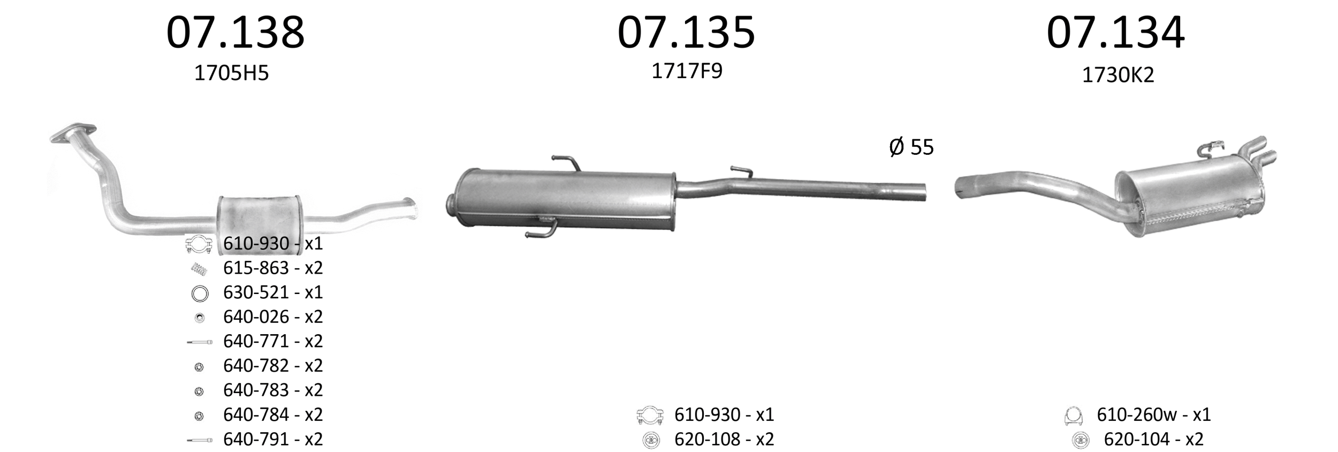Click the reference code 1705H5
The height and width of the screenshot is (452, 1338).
(x=231, y=73)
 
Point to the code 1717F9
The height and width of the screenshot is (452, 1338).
(x=687, y=71)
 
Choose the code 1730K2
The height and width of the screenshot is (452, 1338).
(x=1118, y=75)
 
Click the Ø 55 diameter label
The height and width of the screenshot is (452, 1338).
(x=911, y=147)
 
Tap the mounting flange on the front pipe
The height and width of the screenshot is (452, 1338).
(x=73, y=133)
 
